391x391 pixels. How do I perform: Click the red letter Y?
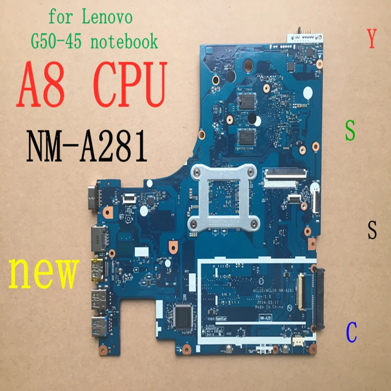pos(371,40)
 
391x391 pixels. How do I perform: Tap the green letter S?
pos(350,130)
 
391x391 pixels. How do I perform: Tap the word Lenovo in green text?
pos(104,18)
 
